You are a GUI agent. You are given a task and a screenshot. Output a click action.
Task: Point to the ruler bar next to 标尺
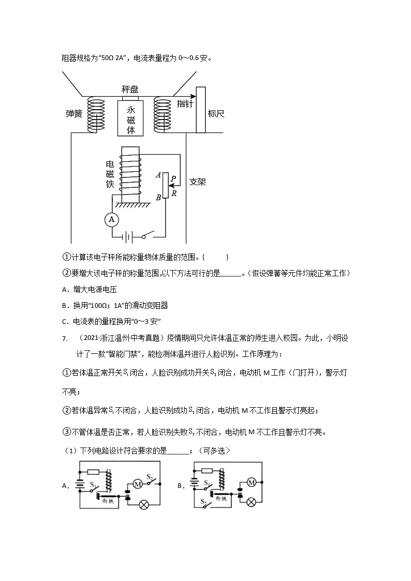[x=201, y=110]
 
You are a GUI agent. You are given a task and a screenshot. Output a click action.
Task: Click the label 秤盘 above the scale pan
[x=130, y=90]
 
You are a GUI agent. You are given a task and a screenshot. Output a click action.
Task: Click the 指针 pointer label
[x=185, y=103]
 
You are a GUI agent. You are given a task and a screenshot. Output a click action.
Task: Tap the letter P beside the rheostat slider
[x=173, y=177]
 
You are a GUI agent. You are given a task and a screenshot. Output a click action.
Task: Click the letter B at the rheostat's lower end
[x=158, y=197]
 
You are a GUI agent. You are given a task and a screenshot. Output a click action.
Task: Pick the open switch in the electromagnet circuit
[x=149, y=237]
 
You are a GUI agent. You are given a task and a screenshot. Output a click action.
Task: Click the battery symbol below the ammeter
[x=127, y=237]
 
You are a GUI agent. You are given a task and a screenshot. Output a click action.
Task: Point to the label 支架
[x=198, y=182]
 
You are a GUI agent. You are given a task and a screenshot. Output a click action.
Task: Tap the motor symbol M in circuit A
[x=138, y=484]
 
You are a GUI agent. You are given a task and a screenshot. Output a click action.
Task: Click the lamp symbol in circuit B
[x=252, y=502]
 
